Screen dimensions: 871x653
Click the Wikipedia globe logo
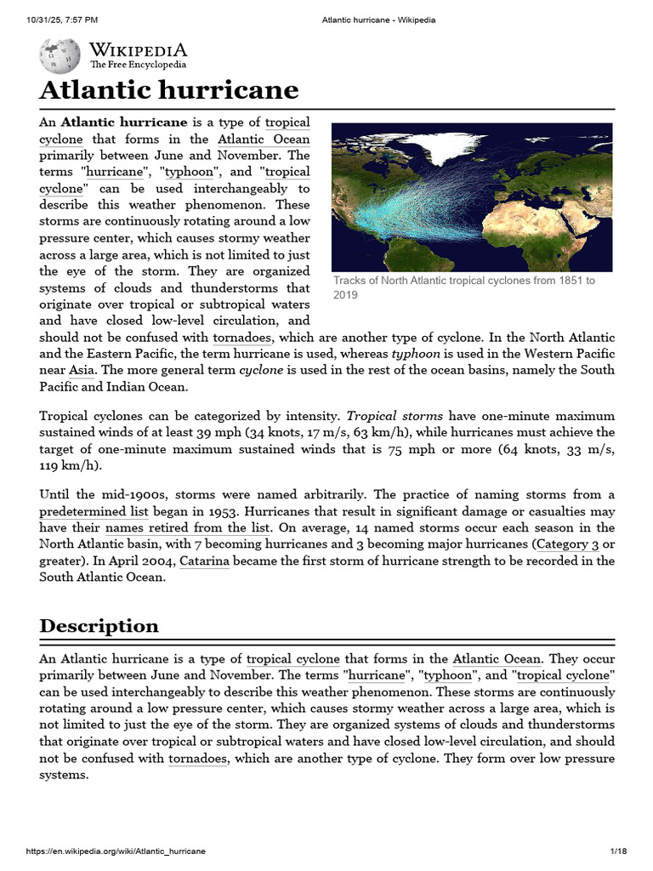60,55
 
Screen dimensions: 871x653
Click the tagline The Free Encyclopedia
139,65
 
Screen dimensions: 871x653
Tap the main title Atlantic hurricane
169,90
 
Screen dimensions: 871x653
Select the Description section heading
99,626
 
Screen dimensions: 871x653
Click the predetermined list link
94,511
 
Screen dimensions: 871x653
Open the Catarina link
204,561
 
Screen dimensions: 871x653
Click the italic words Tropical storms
394,416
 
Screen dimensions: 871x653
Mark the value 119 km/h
71,466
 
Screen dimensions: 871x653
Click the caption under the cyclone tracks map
463,287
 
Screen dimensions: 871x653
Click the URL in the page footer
116,851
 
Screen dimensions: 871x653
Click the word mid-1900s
120,495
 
